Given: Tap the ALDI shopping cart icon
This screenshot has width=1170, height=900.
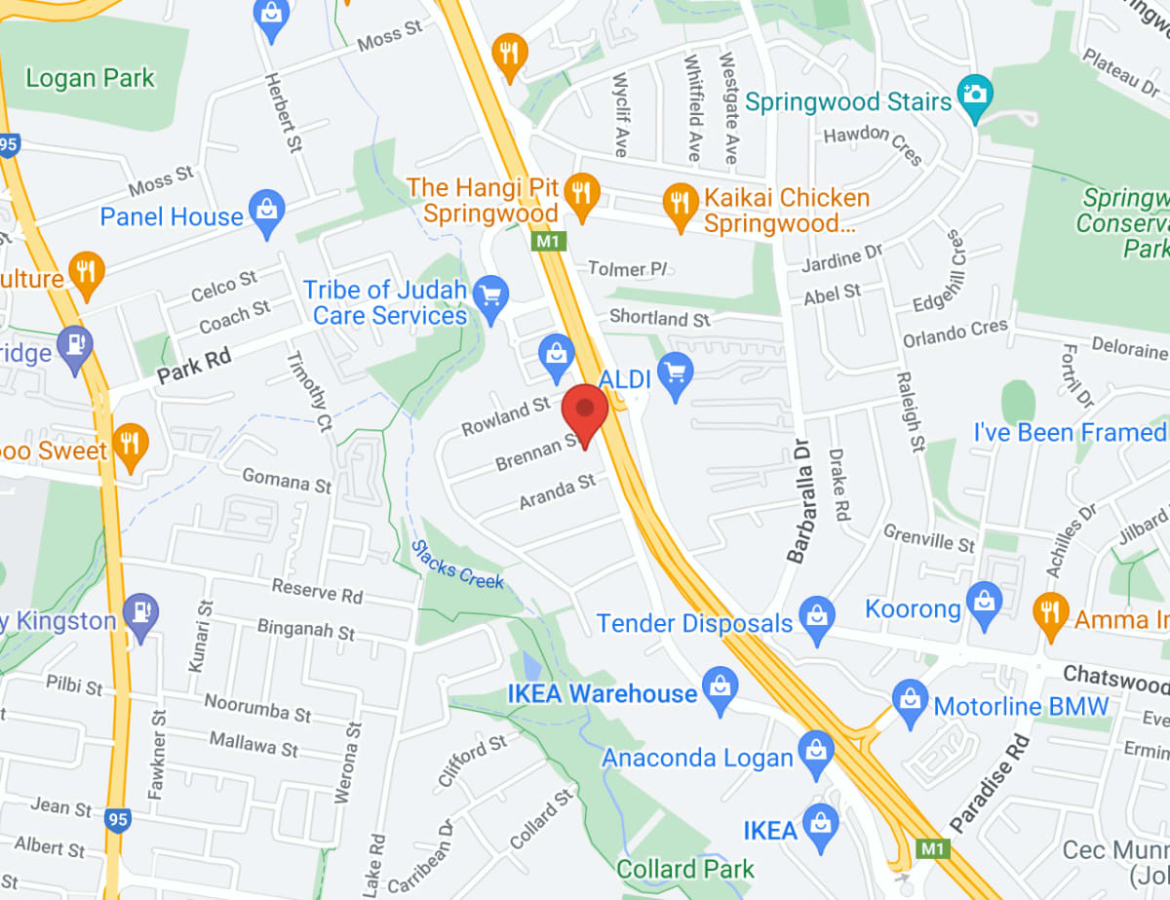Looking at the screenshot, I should (676, 374).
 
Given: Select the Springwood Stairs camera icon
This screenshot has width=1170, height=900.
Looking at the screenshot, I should (974, 96).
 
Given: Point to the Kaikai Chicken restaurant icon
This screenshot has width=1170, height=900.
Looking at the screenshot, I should (680, 206).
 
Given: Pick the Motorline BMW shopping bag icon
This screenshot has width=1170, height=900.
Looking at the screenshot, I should (910, 702).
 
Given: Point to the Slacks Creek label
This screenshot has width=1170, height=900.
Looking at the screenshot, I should (457, 565).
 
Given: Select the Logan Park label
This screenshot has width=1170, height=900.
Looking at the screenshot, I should (90, 77).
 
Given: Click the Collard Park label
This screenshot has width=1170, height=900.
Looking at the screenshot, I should (685, 869).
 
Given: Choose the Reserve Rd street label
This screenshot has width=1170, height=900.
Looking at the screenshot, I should (317, 589).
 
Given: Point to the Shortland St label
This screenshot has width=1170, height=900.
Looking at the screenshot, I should (660, 318).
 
